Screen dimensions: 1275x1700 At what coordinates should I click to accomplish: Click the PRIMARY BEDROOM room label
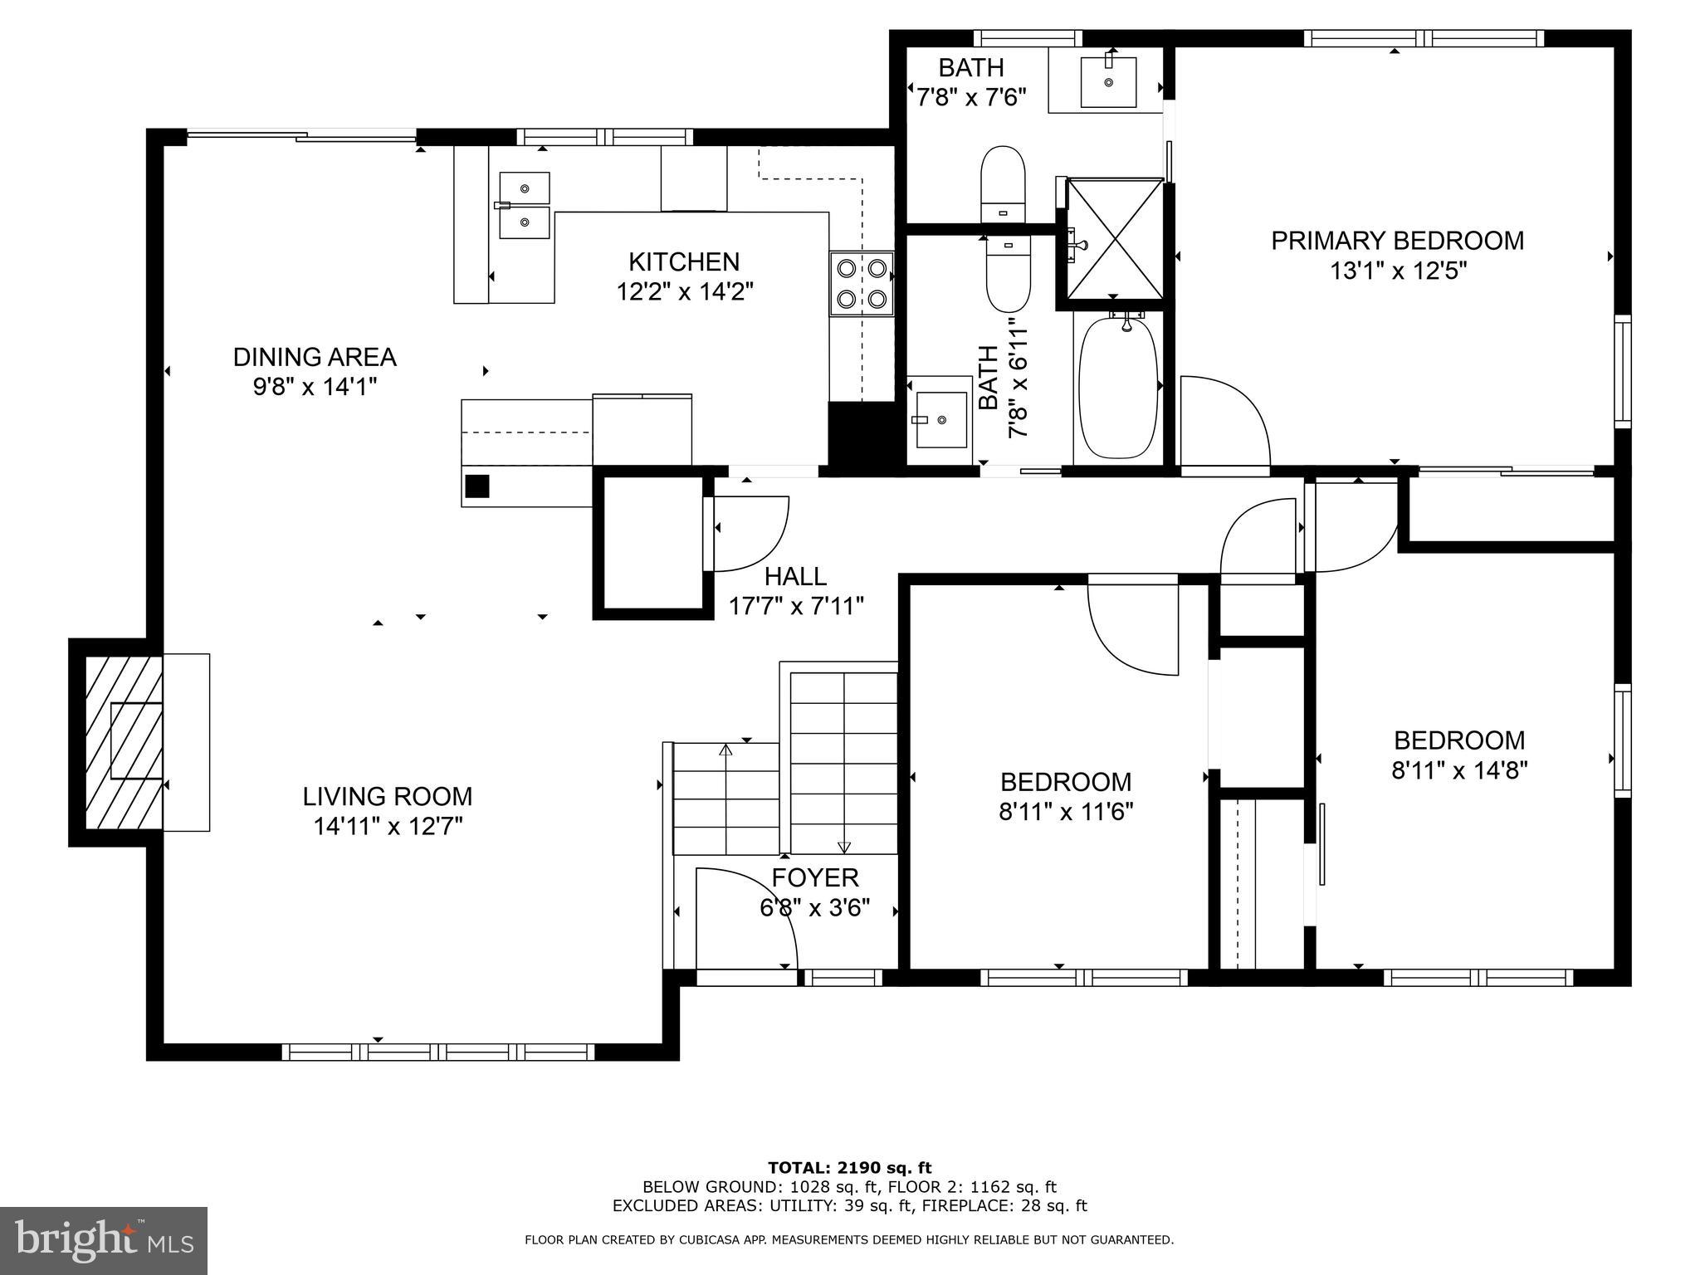click(x=1397, y=241)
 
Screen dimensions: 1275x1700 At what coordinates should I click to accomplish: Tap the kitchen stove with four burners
click(x=862, y=283)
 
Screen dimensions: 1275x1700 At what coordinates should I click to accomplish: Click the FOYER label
click(x=814, y=877)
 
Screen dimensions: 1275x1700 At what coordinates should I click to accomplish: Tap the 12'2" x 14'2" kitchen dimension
click(x=684, y=292)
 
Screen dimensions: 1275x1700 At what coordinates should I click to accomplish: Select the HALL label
click(x=795, y=576)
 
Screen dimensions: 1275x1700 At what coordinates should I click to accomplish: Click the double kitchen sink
click(x=524, y=205)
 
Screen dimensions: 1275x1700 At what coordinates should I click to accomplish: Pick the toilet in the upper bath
click(x=1003, y=183)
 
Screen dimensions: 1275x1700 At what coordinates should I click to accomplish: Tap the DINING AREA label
click(x=315, y=357)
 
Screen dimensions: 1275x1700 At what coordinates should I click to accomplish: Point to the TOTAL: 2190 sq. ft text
click(x=849, y=1168)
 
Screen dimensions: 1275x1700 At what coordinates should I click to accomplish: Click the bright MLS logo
click(x=103, y=1240)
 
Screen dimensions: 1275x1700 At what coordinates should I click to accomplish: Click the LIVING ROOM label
click(x=387, y=797)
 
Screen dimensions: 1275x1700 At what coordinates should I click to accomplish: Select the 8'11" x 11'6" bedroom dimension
click(x=1066, y=811)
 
